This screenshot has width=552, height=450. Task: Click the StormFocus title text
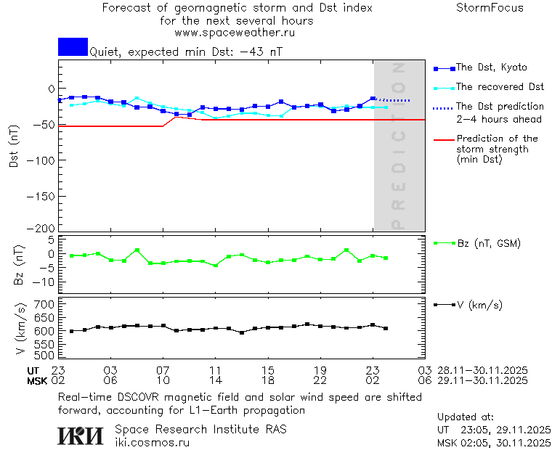[x=490, y=8]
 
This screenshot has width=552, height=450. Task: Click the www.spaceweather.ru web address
[x=235, y=33]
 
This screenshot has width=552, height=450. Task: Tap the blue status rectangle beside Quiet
[x=73, y=46]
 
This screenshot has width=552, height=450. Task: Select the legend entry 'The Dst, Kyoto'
[x=491, y=67]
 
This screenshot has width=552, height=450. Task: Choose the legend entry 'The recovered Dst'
[x=500, y=87]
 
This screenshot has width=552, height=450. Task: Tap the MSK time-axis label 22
[x=321, y=380]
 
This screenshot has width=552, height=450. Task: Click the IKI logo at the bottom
[x=81, y=435]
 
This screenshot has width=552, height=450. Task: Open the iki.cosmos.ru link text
[x=152, y=442]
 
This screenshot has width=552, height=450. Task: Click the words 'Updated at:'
[x=466, y=417]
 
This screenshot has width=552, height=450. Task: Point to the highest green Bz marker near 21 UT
[x=346, y=250]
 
